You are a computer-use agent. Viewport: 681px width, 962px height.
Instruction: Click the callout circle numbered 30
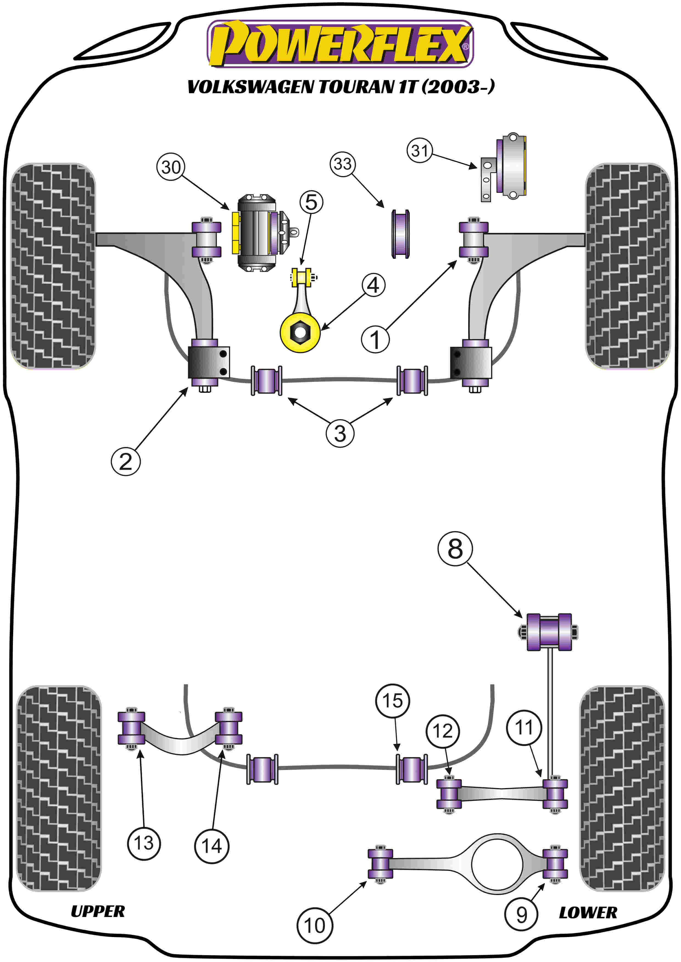(x=171, y=167)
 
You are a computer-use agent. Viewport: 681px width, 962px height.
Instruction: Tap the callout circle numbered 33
(x=343, y=164)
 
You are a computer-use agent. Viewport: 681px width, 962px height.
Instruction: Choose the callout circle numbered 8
(x=455, y=549)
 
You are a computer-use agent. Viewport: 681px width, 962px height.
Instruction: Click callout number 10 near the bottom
(x=314, y=926)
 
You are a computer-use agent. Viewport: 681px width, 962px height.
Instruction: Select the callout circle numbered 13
(x=144, y=843)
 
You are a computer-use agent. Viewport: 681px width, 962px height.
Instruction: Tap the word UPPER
(x=98, y=911)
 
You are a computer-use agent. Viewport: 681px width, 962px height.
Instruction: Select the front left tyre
(x=53, y=266)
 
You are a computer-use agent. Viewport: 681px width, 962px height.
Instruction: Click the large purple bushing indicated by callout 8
(x=549, y=633)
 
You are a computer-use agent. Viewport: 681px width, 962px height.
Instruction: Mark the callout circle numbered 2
(x=125, y=461)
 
